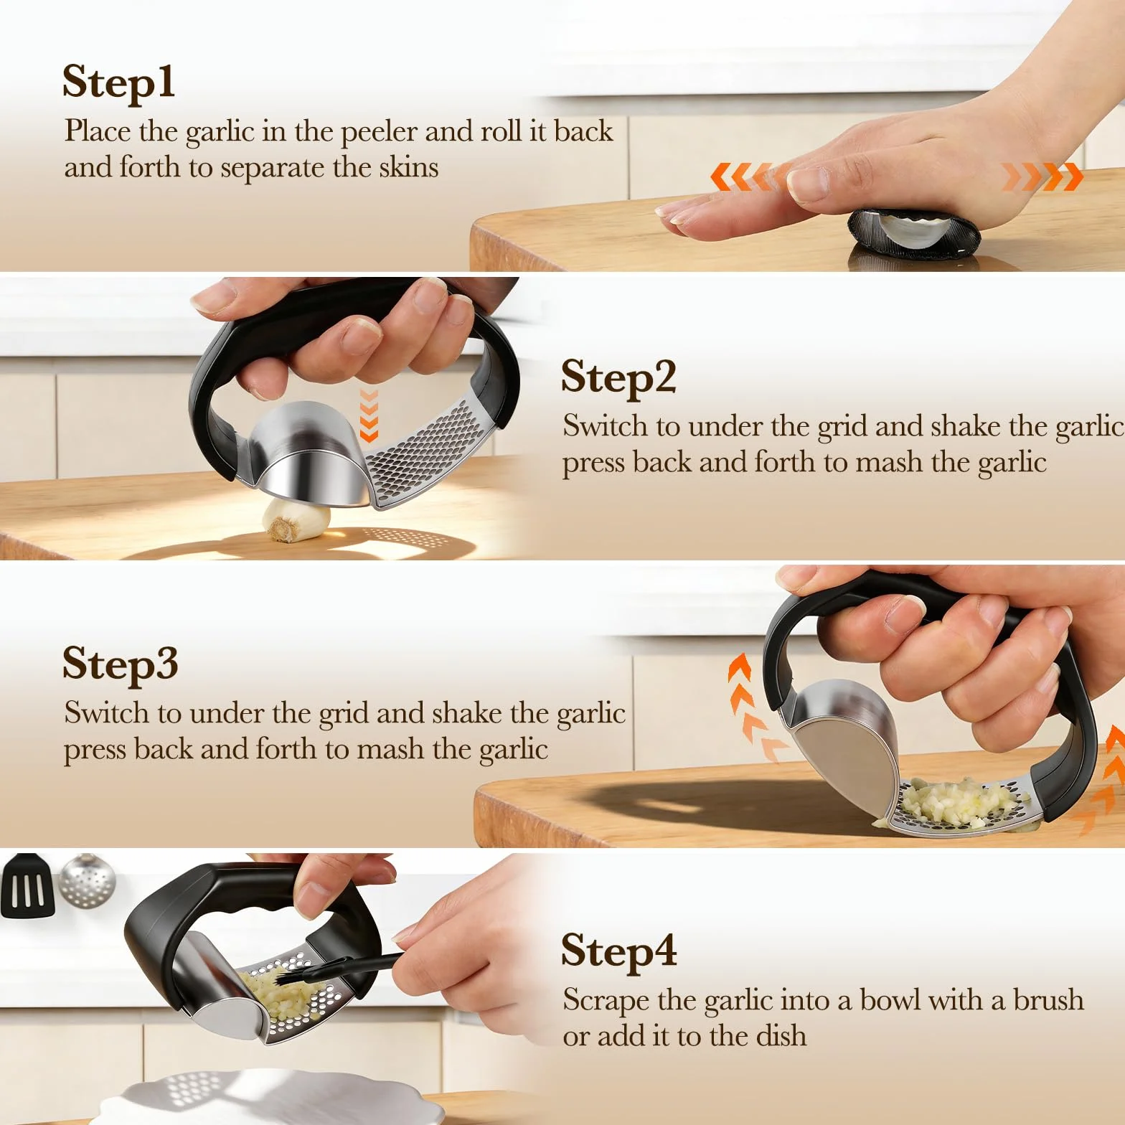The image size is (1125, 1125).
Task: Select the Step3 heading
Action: tap(120, 664)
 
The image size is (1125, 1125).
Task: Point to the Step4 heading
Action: tap(619, 952)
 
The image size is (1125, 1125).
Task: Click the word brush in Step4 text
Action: tap(1048, 999)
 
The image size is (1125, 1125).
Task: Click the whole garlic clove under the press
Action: tap(296, 520)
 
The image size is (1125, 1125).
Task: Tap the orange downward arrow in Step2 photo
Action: tap(369, 415)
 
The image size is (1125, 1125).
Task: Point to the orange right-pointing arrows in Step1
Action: tap(1042, 176)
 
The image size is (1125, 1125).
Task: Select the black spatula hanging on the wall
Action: tap(28, 887)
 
